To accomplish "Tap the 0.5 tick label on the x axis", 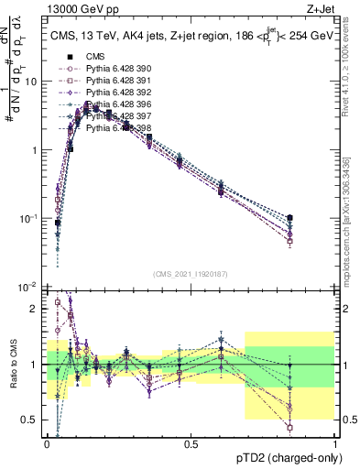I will pyautogui.click(x=191, y=444).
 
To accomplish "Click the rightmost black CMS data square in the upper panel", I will pyautogui.click(x=290, y=218).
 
